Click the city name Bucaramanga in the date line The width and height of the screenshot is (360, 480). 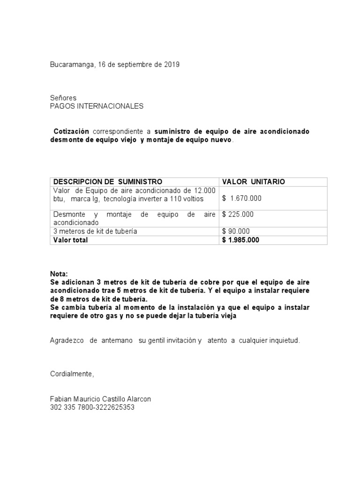73,65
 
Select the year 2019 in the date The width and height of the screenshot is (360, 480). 172,65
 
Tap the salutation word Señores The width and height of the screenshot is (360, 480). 63,98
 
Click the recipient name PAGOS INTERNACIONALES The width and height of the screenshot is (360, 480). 97,106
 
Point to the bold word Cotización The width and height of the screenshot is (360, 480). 71,131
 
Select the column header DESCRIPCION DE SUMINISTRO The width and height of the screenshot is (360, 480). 108,181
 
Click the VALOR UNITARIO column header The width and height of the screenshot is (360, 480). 253,181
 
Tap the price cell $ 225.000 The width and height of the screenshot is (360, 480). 238,214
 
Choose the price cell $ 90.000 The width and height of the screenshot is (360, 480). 236,231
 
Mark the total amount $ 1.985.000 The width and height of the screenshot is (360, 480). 241,240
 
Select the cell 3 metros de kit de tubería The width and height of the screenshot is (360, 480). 95,231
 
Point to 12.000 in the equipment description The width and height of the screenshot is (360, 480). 205,190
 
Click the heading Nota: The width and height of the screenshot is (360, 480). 59,274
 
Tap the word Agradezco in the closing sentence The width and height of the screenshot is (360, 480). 66,340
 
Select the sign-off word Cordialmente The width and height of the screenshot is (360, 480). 72,374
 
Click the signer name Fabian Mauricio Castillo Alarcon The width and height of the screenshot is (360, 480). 100,399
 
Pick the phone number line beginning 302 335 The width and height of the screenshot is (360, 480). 92,407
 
